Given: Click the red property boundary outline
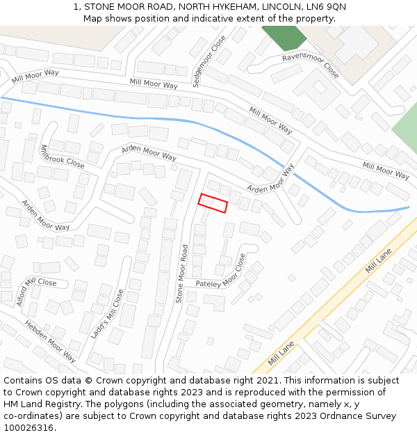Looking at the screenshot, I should pyautogui.click(x=213, y=203).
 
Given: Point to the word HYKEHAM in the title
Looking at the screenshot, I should pyautogui.click(x=221, y=6).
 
